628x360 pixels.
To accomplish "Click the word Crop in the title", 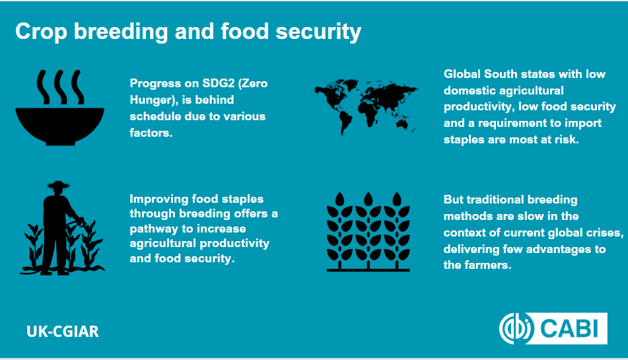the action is coord(41,32).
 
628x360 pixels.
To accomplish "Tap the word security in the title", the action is coord(318,32).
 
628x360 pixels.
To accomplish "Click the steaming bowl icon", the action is coord(59,107).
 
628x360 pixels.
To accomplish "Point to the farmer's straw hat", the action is coord(59,186).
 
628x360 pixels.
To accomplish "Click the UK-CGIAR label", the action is coord(63,331).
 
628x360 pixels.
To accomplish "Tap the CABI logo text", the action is coord(569,329).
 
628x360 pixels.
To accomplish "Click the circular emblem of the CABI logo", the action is coord(516,329).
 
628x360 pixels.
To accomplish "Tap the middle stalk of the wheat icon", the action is coord(368,231).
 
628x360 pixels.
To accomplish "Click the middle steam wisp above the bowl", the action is coord(61,87).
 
